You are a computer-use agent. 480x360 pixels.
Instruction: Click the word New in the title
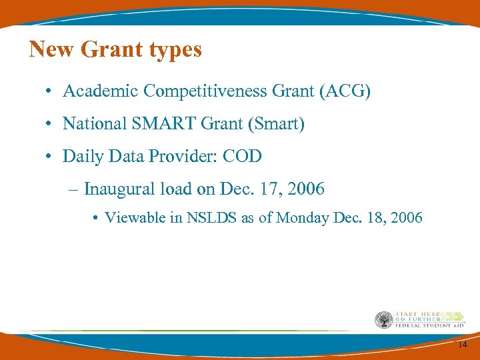51,49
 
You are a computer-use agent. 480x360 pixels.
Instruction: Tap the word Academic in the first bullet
100,91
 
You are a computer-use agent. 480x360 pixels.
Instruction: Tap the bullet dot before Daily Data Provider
50,157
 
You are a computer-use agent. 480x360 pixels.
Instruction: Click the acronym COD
242,156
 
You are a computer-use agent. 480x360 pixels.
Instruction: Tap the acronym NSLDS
208,217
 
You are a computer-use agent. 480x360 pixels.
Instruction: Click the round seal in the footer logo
383,320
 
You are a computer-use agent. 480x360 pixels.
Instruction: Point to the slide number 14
462,345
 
